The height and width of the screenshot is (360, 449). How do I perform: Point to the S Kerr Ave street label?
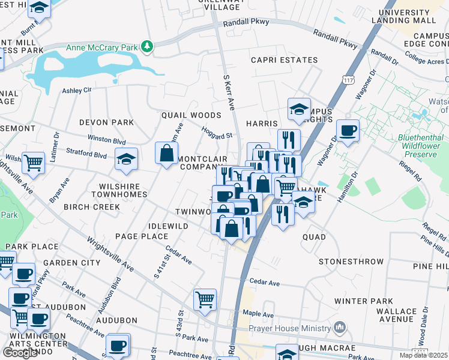pyautogui.click(x=228, y=92)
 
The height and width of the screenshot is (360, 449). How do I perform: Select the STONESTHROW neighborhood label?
pyautogui.click(x=351, y=262)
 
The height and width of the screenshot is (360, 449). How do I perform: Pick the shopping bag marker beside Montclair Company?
pyautogui.click(x=166, y=153)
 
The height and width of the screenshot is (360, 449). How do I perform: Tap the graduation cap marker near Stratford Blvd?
pyautogui.click(x=126, y=159)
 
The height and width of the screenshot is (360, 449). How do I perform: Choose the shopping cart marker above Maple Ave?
pyautogui.click(x=205, y=299)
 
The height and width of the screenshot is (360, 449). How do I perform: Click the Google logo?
pyautogui.click(x=20, y=352)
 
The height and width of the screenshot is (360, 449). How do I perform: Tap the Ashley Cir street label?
pyautogui.click(x=77, y=90)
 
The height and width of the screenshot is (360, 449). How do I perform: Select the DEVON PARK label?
pyautogui.click(x=107, y=122)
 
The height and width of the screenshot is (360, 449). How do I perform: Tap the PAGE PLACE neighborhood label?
pyautogui.click(x=142, y=236)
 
